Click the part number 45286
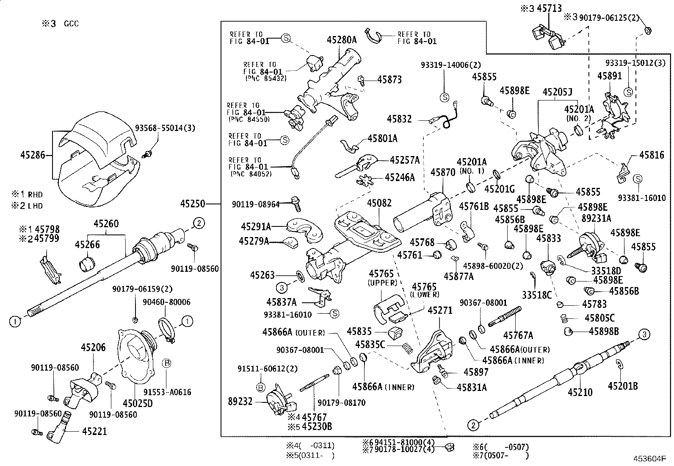click(33, 156)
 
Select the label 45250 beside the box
click(193, 204)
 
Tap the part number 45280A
click(342, 41)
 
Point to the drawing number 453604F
click(650, 459)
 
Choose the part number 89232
click(240, 401)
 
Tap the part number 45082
click(379, 204)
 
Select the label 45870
click(443, 172)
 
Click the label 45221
click(94, 432)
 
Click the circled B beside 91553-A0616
click(167, 363)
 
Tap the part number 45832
click(399, 120)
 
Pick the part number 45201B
click(623, 386)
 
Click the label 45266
click(88, 245)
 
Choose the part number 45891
click(610, 76)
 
